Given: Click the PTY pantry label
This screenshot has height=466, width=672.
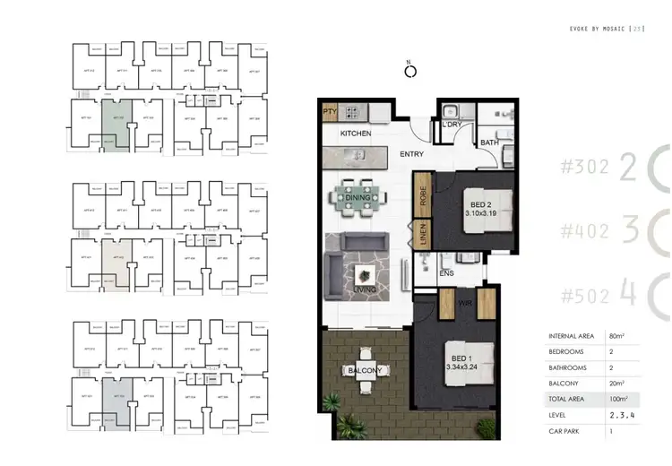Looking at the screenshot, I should (330, 113).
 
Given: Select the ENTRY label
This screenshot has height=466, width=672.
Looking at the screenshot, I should (412, 154).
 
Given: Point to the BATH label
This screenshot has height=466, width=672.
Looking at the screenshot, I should (489, 142).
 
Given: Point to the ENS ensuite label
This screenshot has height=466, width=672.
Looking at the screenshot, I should (445, 275).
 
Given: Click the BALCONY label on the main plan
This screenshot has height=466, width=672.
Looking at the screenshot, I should (365, 370).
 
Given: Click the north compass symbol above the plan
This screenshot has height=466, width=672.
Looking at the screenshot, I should (409, 73).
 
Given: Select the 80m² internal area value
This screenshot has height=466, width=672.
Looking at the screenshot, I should (616, 336).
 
